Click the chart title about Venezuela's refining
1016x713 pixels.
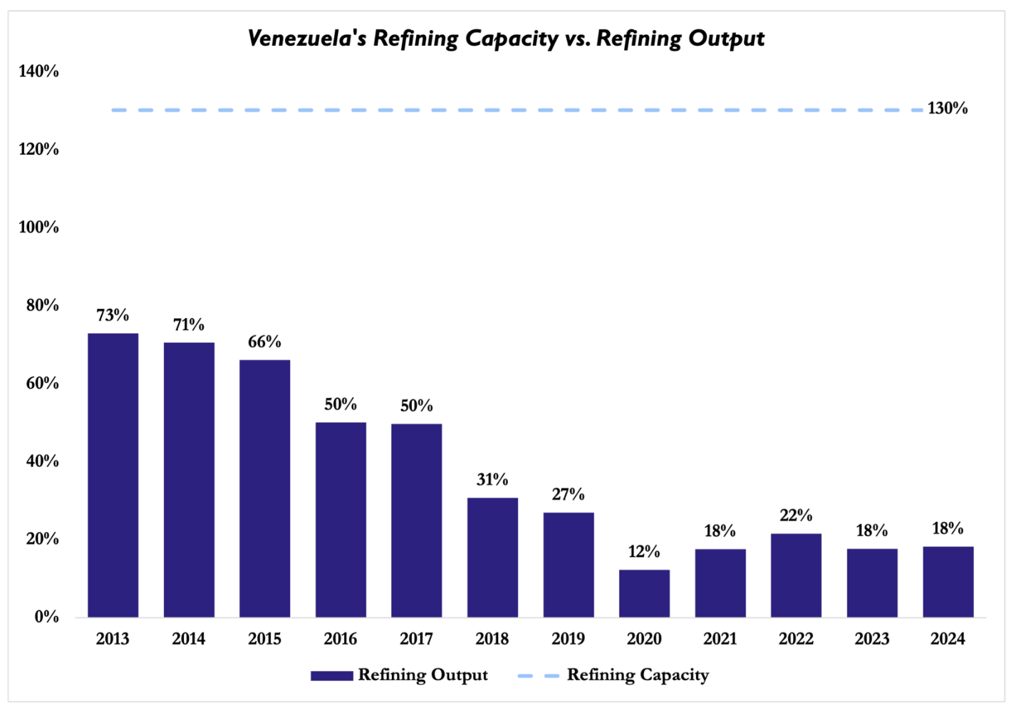click(x=506, y=39)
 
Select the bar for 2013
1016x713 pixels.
click(x=113, y=475)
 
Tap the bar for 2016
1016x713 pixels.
click(x=341, y=520)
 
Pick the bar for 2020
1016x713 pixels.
click(x=644, y=593)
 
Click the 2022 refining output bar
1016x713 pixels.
click(x=796, y=575)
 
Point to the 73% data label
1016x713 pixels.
click(x=113, y=315)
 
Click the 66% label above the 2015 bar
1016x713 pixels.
click(x=264, y=342)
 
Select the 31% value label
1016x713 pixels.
click(x=492, y=480)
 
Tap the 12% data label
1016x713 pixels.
click(x=644, y=552)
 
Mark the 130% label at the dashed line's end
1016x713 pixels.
click(x=948, y=108)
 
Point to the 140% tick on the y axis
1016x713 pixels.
click(x=39, y=71)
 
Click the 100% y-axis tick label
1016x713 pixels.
click(x=39, y=227)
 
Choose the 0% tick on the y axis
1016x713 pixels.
click(x=46, y=617)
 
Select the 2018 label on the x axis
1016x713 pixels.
click(x=492, y=639)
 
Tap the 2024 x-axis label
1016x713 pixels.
click(x=948, y=639)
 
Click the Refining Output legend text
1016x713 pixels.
click(x=423, y=675)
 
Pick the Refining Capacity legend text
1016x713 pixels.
click(x=638, y=675)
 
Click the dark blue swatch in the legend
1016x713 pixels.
click(x=332, y=676)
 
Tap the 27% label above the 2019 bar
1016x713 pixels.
click(x=568, y=495)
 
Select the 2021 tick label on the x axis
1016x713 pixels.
click(x=720, y=639)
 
